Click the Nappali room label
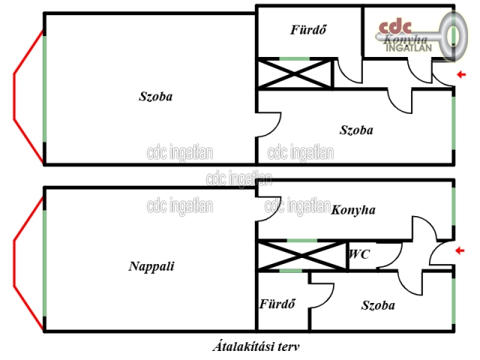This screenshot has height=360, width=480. tap(151, 266)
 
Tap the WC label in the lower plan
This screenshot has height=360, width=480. tap(359, 254)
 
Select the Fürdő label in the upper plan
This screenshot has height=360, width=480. tap(308, 30)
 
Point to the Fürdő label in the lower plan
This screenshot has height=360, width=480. tap(277, 304)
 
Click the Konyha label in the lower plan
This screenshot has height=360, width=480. tap(353, 210)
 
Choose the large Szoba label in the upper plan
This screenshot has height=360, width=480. tap(156, 97)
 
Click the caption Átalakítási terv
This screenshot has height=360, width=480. tap(256, 346)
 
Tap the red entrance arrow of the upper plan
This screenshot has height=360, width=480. tap(461, 74)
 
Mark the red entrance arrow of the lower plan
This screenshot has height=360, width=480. tap(460, 250)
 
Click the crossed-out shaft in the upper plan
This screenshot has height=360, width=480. tap(294, 73)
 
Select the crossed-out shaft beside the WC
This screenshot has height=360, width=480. tap(301, 256)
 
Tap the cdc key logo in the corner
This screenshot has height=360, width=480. tap(421, 36)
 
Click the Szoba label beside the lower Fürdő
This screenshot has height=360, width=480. tap(378, 305)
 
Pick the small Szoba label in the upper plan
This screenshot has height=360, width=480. tap(356, 130)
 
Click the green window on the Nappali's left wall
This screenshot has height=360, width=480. tap(45, 263)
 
